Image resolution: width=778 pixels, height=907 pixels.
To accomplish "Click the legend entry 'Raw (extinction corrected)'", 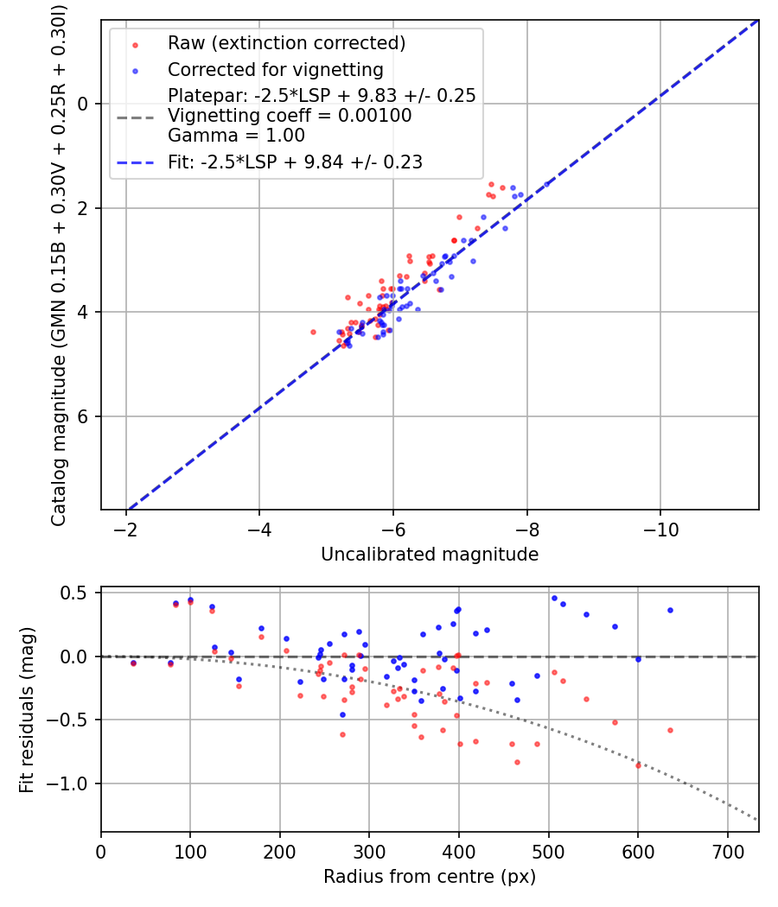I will [286, 43].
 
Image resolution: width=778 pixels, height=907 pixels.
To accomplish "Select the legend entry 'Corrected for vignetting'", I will [275, 69].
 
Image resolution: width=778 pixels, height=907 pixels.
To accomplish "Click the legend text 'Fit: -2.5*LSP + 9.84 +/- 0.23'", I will [295, 162].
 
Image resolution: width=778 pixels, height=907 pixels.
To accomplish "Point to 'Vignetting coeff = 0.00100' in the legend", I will [290, 116].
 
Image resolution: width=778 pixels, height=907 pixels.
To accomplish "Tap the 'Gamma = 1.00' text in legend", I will [236, 136].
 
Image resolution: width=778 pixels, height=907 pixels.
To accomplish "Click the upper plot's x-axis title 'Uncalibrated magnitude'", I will [430, 555].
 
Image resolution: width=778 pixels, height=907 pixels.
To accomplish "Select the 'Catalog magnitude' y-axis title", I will [59, 263].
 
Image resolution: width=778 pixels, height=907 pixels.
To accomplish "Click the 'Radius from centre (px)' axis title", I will [430, 877].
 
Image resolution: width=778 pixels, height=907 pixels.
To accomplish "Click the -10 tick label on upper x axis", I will [660, 528].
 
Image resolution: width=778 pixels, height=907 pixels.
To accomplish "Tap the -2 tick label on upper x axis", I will [126, 528].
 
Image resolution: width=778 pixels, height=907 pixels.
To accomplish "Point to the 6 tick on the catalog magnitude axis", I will [84, 416].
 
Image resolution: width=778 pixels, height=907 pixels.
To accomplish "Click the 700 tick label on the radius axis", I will [727, 850].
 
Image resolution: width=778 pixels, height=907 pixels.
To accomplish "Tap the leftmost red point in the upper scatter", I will [313, 332].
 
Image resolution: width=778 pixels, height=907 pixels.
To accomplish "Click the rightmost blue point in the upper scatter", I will [546, 184].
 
